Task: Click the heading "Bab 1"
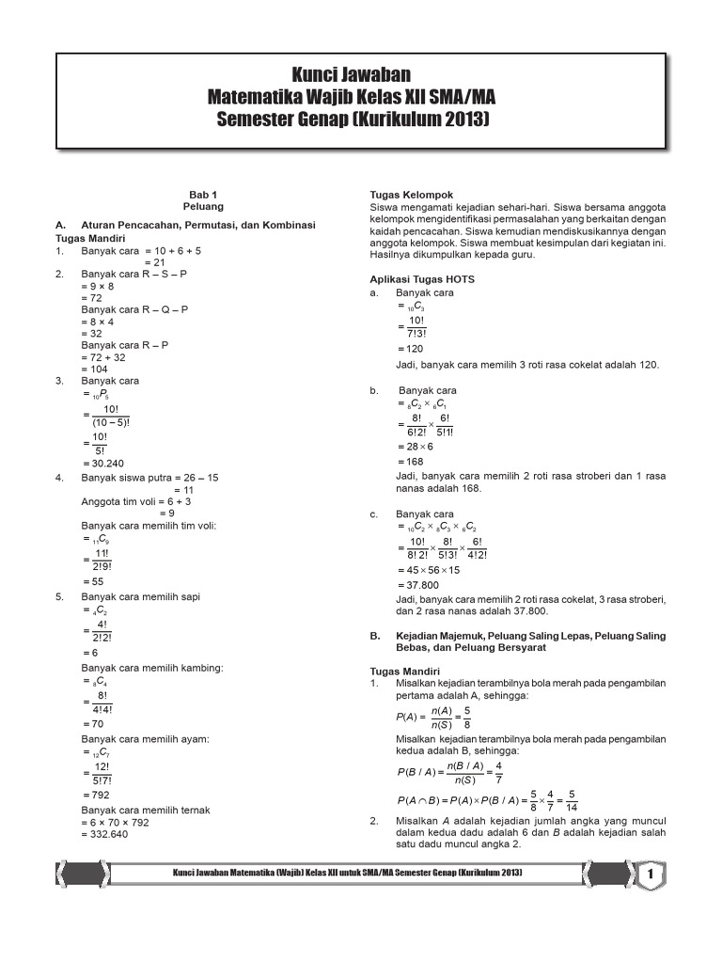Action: coord(203,193)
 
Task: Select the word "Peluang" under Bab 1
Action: coord(203,204)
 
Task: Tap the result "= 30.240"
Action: coord(103,464)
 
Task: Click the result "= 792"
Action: coord(97,795)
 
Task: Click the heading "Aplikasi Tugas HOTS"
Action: coord(422,279)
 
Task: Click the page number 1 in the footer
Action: coord(651,876)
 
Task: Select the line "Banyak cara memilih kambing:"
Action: coord(152,668)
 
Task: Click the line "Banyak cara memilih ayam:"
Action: coord(144,739)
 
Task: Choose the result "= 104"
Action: coord(97,370)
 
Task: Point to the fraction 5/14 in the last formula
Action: coord(573,801)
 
